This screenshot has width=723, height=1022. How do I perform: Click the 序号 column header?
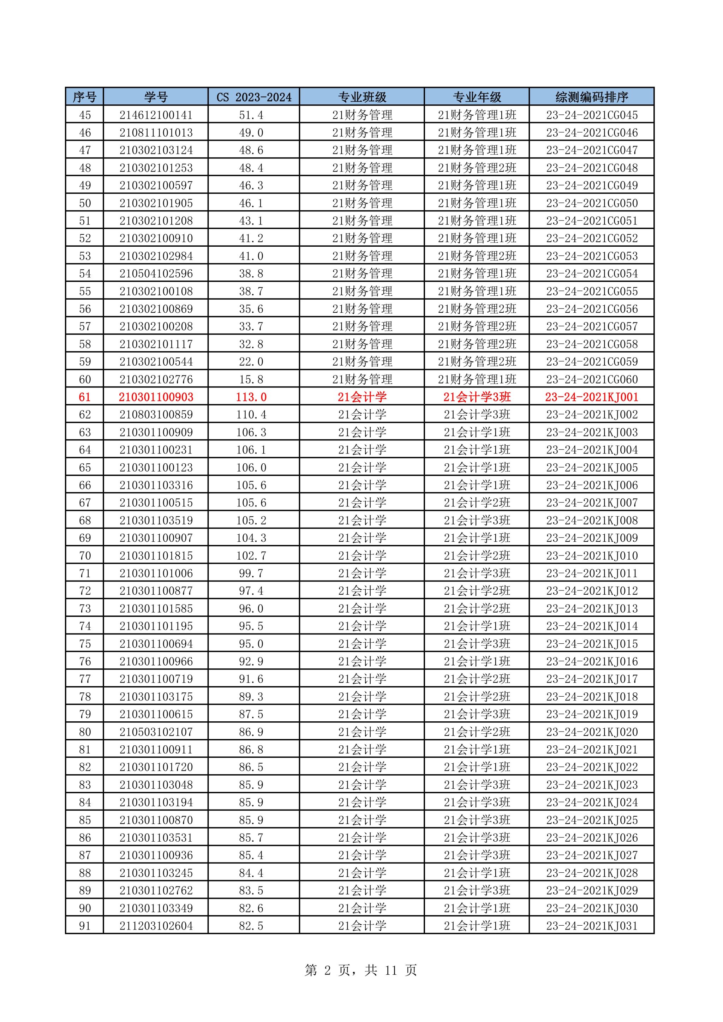point(85,97)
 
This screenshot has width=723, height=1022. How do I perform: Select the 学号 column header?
point(156,97)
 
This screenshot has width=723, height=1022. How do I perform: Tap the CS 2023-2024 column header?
point(254,97)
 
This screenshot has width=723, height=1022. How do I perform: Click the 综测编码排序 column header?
point(592,97)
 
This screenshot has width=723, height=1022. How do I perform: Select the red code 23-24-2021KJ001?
point(592,397)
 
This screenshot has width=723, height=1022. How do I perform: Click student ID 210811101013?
point(156,133)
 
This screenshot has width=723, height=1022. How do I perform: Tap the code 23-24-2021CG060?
point(592,379)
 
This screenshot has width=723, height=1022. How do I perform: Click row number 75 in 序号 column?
point(85,644)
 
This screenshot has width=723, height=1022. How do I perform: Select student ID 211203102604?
point(156,926)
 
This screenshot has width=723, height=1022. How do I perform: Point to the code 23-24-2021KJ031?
point(592,926)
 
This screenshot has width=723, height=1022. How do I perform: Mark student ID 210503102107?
point(156,732)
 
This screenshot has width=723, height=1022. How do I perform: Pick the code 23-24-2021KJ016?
point(592,661)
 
